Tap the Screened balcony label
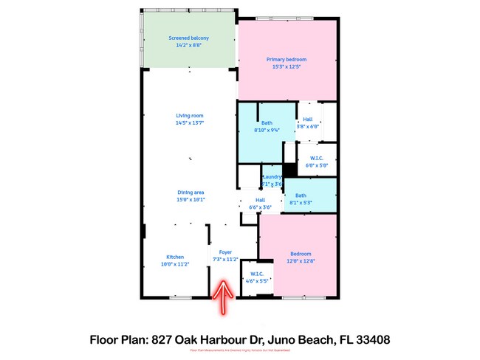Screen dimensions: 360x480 point(188,38)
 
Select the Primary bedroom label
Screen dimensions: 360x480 point(286,59)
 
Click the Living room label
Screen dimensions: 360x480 point(189,115)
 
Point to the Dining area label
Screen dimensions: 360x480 point(190,192)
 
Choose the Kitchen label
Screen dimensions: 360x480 point(175,257)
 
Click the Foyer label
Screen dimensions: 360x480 point(224,252)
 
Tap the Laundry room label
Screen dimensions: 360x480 point(272,177)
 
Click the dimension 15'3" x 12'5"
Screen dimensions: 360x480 point(286,66)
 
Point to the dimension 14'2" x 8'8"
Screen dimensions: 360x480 point(188,45)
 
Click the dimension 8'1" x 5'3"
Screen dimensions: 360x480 point(300,202)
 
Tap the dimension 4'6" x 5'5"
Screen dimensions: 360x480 point(257,280)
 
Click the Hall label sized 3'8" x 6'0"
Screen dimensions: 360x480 point(307,126)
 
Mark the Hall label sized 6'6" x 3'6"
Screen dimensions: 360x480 point(260,207)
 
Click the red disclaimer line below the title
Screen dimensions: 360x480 point(239,352)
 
